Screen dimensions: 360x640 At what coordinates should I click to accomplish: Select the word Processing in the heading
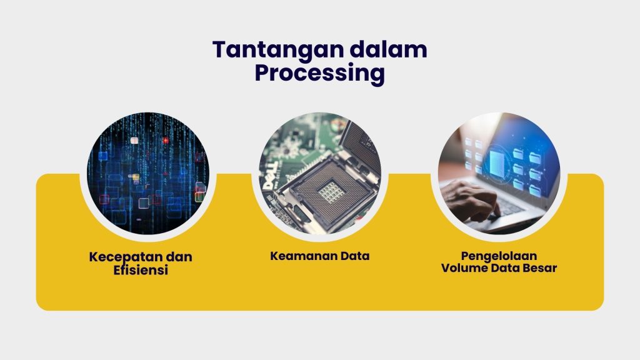coord(319,73)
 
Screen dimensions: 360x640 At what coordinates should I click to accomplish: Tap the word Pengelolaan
coord(499,256)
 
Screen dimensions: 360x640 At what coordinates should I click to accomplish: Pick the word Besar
coord(539,268)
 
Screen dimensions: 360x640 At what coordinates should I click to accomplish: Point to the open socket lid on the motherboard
coord(362,146)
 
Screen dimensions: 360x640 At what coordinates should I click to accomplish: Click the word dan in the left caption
coord(181,257)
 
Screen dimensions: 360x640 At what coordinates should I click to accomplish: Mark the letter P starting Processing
coord(262,73)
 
